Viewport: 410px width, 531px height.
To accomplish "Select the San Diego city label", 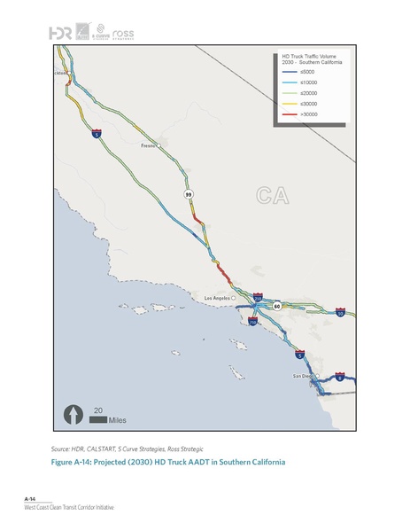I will pos(304,376).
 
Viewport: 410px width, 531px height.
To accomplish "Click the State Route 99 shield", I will pos(189,193).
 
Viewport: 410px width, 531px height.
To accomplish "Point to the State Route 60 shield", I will pos(276,305).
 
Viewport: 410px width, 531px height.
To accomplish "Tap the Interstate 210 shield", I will pos(257,299).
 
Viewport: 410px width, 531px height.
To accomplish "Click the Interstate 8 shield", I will pos(340,377).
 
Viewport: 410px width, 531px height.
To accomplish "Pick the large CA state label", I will pos(273,195).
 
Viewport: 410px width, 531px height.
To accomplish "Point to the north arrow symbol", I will pos(71,414).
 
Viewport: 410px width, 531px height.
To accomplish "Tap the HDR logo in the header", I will pos(60,32).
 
